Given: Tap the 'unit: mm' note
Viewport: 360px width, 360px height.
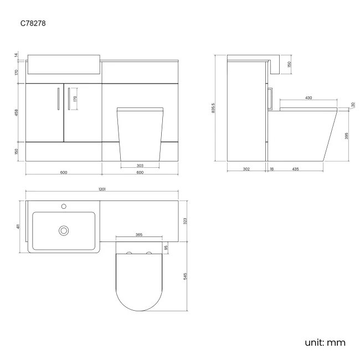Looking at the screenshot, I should [x=325, y=342].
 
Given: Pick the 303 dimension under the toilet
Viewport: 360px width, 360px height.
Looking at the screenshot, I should [x=140, y=165].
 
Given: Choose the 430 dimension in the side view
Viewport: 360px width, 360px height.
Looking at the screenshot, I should [x=308, y=98].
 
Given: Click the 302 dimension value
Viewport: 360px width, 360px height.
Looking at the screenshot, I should [x=247, y=168].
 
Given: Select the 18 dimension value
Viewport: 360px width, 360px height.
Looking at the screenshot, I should [x=272, y=168].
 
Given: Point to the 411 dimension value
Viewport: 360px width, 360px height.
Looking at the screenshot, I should [x=19, y=227].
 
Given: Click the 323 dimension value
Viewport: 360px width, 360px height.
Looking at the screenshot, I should [x=185, y=221].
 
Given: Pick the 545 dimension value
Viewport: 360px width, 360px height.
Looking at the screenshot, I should [x=185, y=275].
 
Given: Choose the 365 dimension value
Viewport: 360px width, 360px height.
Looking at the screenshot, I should [x=138, y=235].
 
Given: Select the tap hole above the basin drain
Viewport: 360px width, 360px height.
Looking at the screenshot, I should [x=64, y=206].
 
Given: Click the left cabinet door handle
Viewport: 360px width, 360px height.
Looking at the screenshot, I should [x=58, y=100].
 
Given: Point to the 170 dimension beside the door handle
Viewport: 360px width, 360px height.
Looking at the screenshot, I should [x=75, y=99].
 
